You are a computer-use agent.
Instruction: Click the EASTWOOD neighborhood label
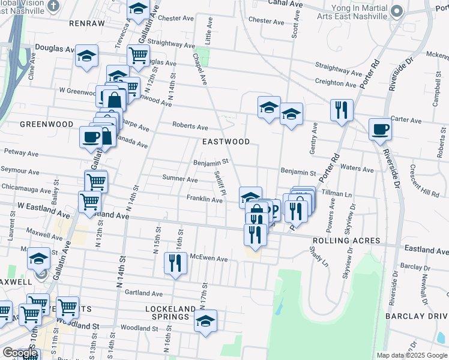(226, 142)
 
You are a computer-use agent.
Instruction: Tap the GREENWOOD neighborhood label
(42, 124)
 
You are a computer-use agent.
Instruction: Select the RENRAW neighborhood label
(87, 23)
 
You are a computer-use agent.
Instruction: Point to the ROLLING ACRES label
(346, 241)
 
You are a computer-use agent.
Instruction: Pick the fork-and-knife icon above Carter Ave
(342, 110)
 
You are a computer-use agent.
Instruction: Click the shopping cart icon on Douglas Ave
(139, 55)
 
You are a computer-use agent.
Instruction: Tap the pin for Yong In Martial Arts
(396, 11)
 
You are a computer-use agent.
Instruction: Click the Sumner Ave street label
(180, 179)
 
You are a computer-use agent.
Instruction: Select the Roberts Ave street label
(190, 127)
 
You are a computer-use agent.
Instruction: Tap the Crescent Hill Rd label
(424, 182)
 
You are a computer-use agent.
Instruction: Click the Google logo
(19, 353)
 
